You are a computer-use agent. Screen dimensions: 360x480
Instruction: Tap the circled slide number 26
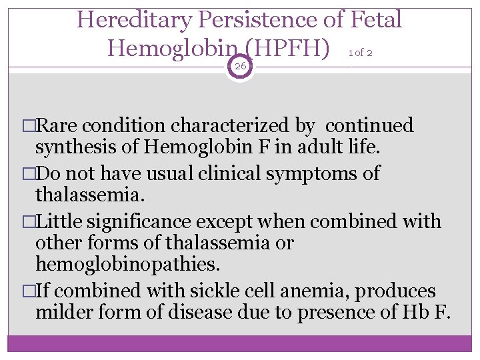[240, 66]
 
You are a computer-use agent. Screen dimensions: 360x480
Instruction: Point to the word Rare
[63, 125]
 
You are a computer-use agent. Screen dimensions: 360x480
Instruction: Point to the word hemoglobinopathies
[127, 264]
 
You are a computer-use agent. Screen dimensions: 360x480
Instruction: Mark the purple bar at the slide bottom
[240, 343]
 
